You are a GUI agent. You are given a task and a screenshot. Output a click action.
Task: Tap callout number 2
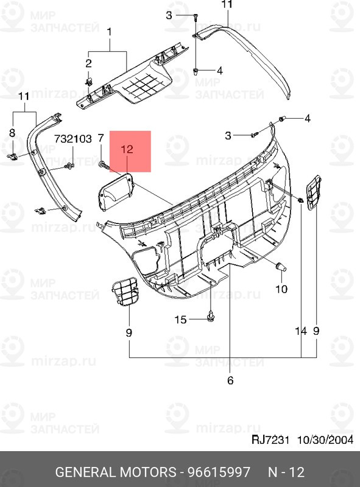tap(88, 63)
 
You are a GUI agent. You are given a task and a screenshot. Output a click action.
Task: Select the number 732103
tap(74, 139)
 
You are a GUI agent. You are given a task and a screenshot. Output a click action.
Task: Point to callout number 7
tap(101, 139)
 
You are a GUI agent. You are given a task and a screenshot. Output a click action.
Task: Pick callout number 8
tap(12, 133)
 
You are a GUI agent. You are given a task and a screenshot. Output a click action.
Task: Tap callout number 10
tap(281, 289)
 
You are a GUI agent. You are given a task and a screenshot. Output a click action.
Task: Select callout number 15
tap(180, 319)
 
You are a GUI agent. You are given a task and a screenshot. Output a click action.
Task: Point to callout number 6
tap(230, 381)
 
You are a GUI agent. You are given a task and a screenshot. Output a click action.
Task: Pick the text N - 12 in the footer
tap(286, 472)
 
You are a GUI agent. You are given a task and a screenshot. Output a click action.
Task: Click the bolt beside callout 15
tap(210, 317)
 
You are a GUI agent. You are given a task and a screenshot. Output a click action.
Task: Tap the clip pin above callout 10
tap(280, 266)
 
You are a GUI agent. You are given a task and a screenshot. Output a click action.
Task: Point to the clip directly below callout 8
tap(13, 158)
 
